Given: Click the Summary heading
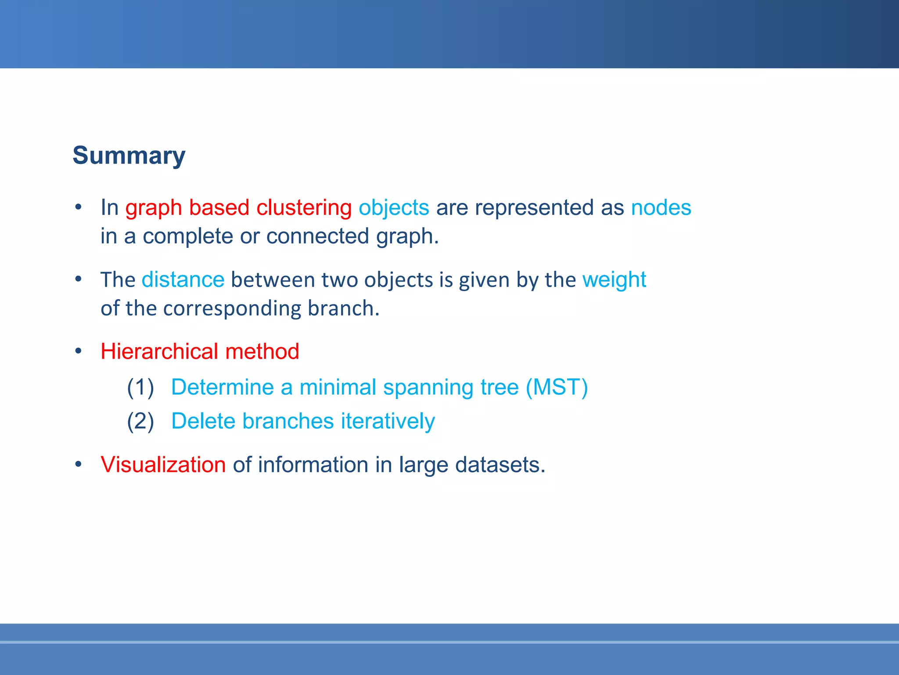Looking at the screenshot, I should (x=129, y=156).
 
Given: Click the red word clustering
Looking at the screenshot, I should (x=304, y=207).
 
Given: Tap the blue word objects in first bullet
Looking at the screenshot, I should (x=394, y=207).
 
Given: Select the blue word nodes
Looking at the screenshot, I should (x=661, y=207).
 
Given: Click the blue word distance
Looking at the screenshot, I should (x=183, y=279).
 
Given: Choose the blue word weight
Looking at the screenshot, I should (x=614, y=279).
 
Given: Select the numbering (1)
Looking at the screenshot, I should (x=140, y=387).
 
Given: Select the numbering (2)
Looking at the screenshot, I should (x=140, y=421).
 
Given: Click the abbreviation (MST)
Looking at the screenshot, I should (x=557, y=387).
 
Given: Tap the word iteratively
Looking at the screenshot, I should (x=388, y=421).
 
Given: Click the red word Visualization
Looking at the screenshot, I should (x=163, y=465).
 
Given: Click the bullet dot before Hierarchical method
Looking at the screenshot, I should (x=78, y=351).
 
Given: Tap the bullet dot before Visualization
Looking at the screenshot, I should (x=78, y=464).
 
